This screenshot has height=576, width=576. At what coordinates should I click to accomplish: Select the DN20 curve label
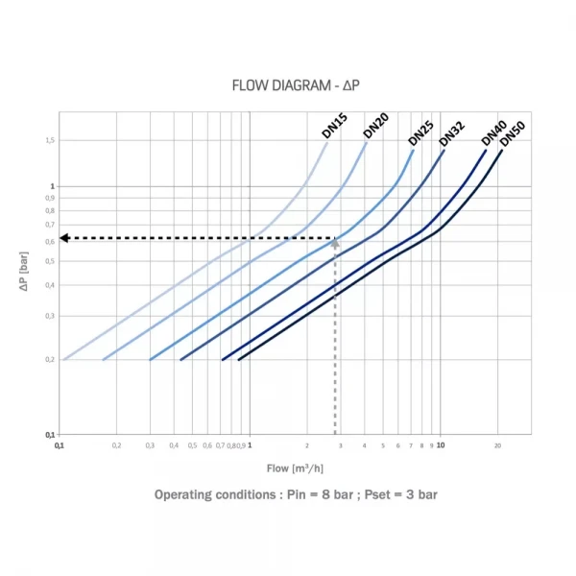tap(374, 126)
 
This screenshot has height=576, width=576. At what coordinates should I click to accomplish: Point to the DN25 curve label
tap(420, 132)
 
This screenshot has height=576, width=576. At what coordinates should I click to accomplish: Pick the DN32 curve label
tap(450, 134)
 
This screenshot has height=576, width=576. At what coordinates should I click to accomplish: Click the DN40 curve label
tap(493, 132)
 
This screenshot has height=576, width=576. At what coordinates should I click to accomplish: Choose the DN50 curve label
tap(514, 138)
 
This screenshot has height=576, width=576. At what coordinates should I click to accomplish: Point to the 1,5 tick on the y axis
tap(50, 140)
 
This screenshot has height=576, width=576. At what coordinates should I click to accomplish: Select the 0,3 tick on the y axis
tap(50, 316)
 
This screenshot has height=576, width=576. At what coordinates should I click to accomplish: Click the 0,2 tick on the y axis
tap(50, 359)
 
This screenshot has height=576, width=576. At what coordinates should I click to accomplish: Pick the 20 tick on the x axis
tap(498, 445)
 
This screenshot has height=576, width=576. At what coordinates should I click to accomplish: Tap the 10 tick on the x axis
tap(440, 445)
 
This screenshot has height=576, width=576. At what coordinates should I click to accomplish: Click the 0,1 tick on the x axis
tap(59, 445)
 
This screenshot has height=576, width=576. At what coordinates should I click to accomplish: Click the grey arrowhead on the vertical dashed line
tap(335, 243)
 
